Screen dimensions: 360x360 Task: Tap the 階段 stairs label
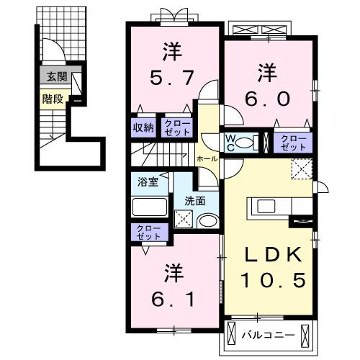[50, 99]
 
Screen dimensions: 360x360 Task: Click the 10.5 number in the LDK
[268, 278]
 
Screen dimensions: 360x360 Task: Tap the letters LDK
[268, 256]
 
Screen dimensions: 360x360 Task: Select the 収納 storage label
[143, 127]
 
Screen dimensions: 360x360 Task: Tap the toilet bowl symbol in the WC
[246, 141]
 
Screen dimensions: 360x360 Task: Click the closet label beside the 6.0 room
[292, 141]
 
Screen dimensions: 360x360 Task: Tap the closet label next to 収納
[176, 127]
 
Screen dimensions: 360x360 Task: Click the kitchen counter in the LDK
[270, 207]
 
